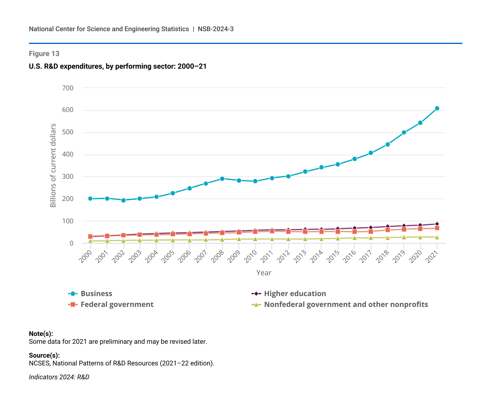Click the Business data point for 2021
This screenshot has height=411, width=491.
coord(437,108)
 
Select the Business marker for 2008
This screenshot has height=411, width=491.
coord(222,179)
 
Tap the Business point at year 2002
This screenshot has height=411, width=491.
coord(123,200)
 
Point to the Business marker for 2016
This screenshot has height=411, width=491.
coord(354,159)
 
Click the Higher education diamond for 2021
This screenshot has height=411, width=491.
coord(437,224)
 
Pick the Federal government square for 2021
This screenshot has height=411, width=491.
coord(437,228)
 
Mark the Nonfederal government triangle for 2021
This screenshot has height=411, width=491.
coord(437,237)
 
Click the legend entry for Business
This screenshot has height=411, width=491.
coord(96,294)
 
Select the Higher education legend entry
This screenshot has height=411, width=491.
coord(295,294)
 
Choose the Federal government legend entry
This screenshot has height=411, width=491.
coord(117,305)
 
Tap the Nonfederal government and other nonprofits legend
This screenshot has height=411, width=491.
coord(346,305)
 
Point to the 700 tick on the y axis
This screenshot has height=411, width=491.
coord(68,88)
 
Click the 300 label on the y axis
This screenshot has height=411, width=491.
coord(68,177)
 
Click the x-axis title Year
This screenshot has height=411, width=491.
coord(264,273)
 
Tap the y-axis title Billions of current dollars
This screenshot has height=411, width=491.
coord(53,165)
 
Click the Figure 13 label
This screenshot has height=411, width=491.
coord(44,54)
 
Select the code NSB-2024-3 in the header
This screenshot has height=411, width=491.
coord(216,29)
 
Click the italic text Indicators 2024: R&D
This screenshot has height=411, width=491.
coord(59,377)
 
